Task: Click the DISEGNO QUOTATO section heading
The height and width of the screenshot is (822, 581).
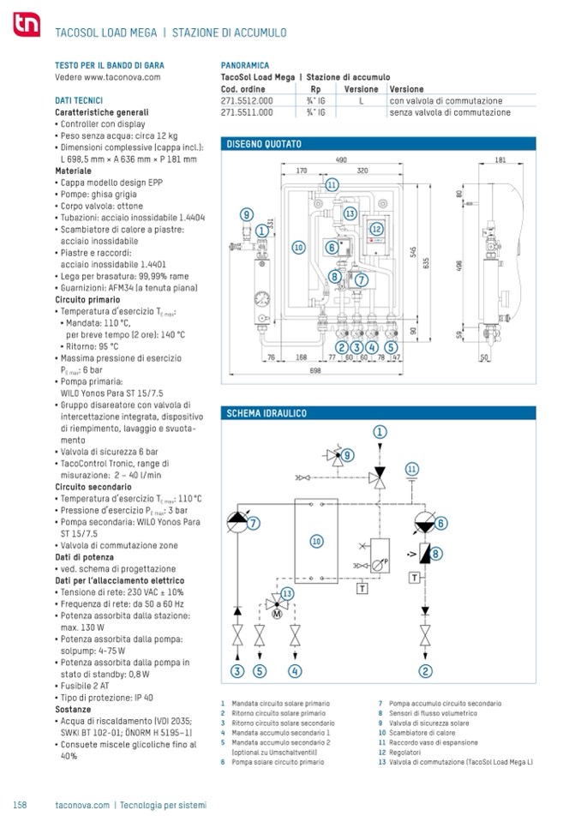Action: (x=263, y=144)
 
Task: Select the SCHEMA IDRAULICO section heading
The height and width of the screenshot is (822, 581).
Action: (x=266, y=413)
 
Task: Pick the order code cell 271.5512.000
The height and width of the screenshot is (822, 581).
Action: (x=247, y=101)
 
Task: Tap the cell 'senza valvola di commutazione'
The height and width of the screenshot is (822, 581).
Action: (x=449, y=112)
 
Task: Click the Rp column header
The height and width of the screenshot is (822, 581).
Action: (x=315, y=90)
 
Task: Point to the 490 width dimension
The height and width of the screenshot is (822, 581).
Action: (x=340, y=160)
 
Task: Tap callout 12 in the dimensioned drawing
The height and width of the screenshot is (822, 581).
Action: (x=375, y=229)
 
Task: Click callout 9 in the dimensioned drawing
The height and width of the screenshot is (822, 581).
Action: (x=246, y=215)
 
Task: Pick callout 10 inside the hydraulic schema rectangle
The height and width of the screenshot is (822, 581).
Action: (x=316, y=541)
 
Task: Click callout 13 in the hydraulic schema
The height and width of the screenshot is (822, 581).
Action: (x=287, y=593)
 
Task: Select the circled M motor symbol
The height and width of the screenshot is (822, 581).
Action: (x=277, y=613)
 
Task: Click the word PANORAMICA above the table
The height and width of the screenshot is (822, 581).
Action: (x=245, y=65)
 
